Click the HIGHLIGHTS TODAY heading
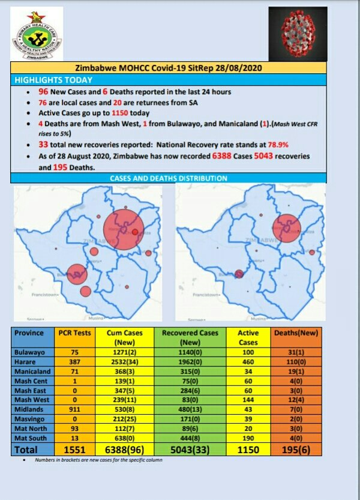pyautogui.click(x=53, y=80)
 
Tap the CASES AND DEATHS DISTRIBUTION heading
pyautogui.click(x=169, y=178)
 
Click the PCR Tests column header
pyautogui.click(x=74, y=333)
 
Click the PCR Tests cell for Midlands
pyautogui.click(x=74, y=409)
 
